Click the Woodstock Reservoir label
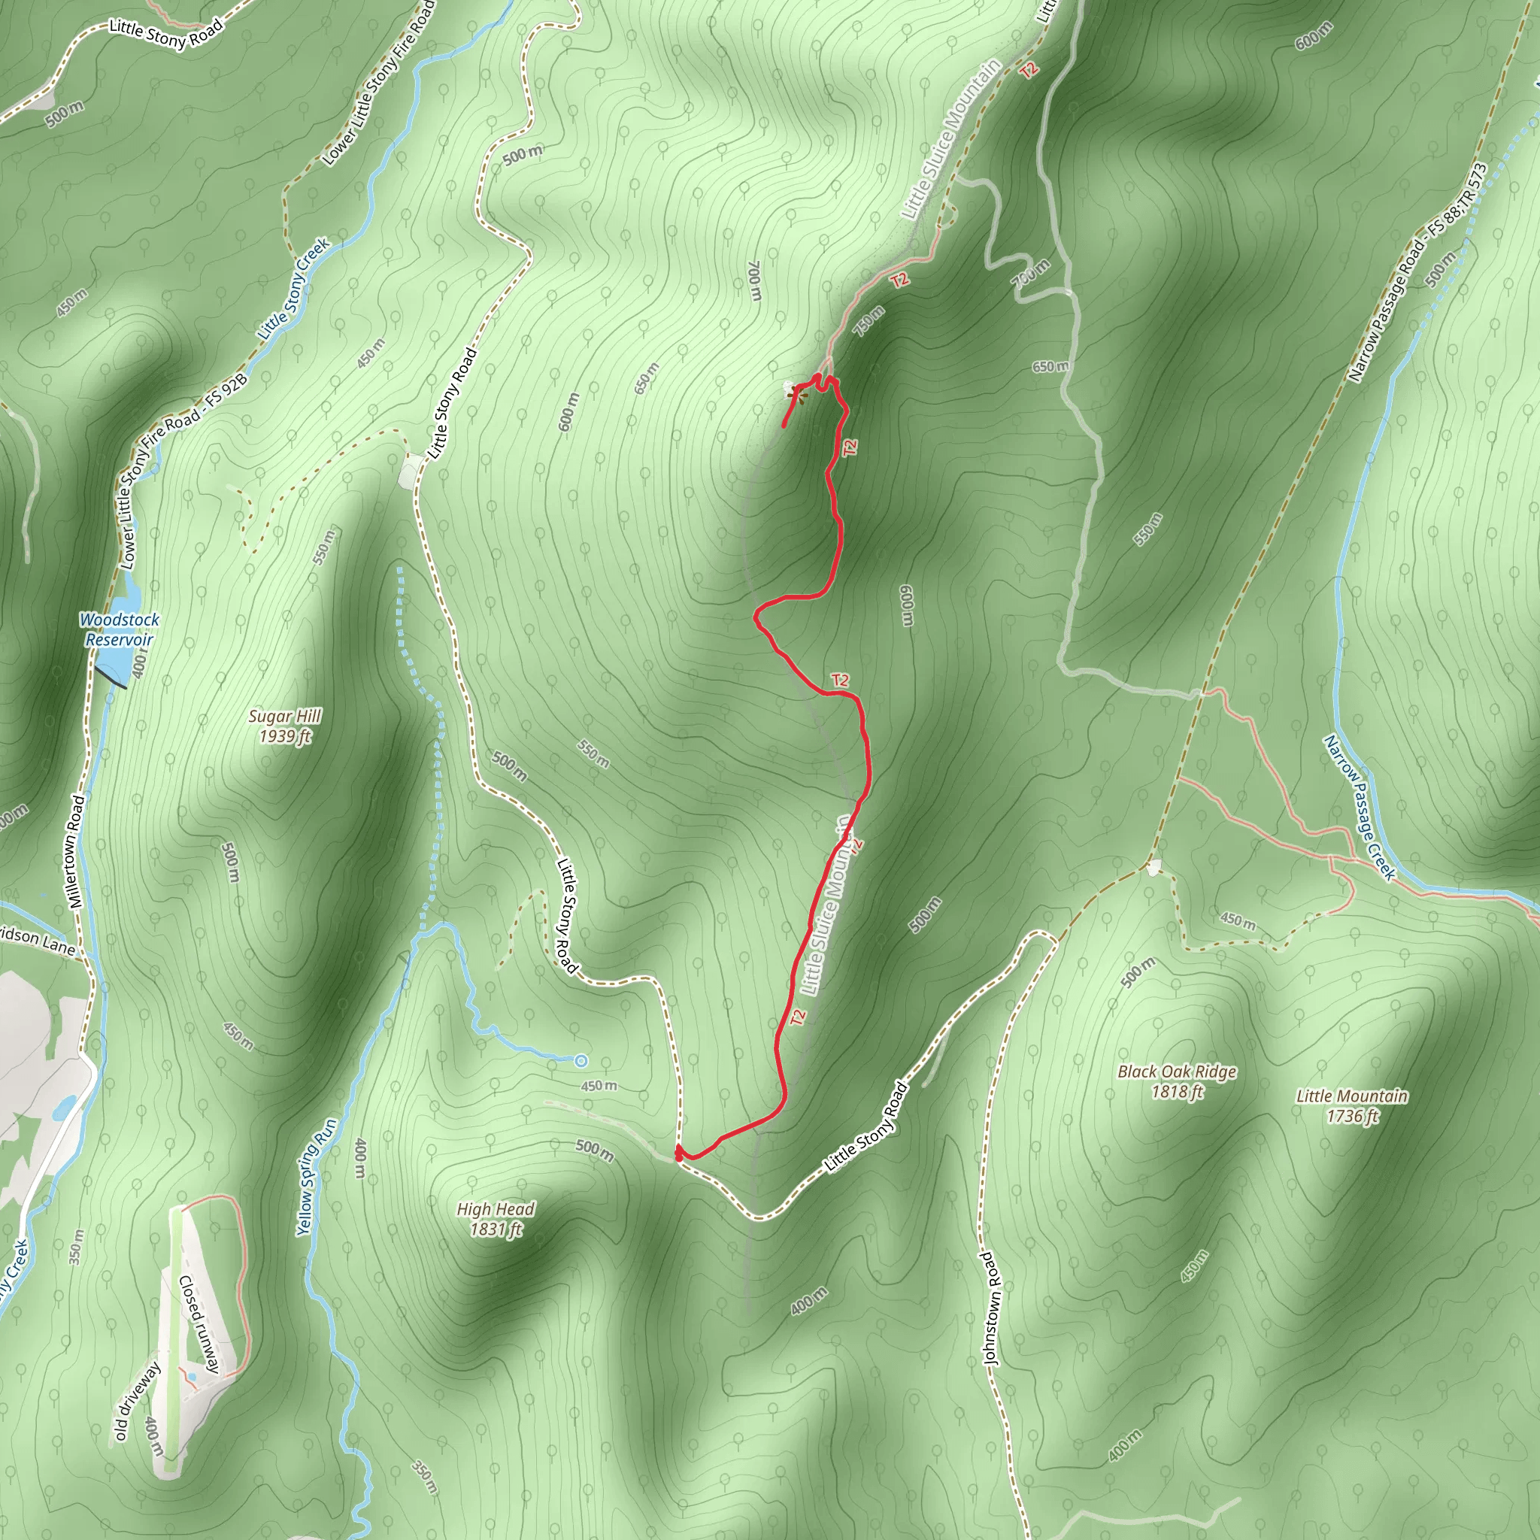point(120,629)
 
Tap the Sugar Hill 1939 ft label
point(284,726)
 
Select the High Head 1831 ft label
point(495,1219)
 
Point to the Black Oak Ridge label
point(1177,1081)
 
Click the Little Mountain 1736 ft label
point(1352,1105)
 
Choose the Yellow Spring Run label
point(316,1177)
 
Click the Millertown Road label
point(76,851)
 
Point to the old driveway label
point(137,1400)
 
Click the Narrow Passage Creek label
point(1359,807)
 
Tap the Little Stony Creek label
point(293,289)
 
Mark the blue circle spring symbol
point(581,1060)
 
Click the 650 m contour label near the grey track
point(1050,367)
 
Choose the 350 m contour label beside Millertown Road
point(76,1247)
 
